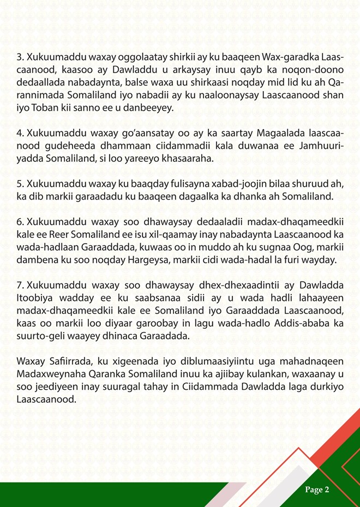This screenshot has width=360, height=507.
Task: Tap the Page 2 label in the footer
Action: [317, 490]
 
